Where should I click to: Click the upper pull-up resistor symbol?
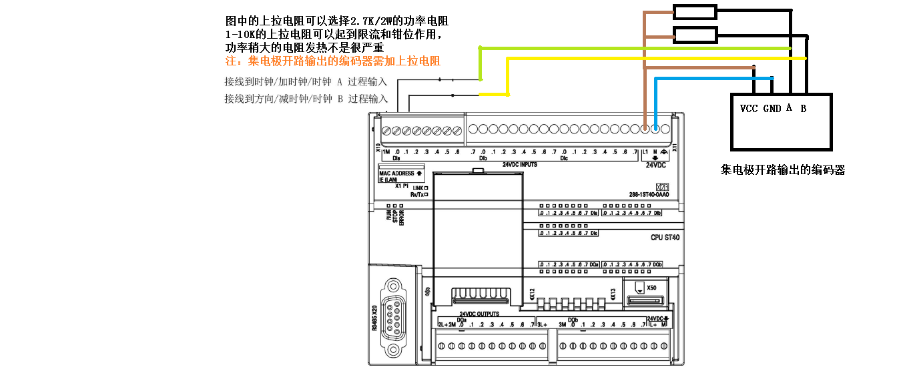click(695, 11)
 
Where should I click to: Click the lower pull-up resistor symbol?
click(695, 35)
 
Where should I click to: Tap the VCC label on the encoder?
click(749, 109)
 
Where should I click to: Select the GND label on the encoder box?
click(772, 109)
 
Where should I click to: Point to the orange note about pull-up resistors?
click(333, 61)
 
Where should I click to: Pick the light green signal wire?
click(634, 48)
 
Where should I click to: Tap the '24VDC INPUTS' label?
click(520, 164)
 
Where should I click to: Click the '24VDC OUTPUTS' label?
click(479, 314)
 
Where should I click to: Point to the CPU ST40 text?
click(665, 238)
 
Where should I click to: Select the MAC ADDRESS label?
click(398, 173)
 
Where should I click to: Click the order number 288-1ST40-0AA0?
click(649, 195)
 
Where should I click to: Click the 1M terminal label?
click(386, 153)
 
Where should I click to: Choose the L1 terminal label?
click(645, 153)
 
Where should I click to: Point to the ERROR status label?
click(402, 218)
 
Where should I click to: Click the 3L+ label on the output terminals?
click(542, 325)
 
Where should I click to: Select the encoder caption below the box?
click(782, 171)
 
